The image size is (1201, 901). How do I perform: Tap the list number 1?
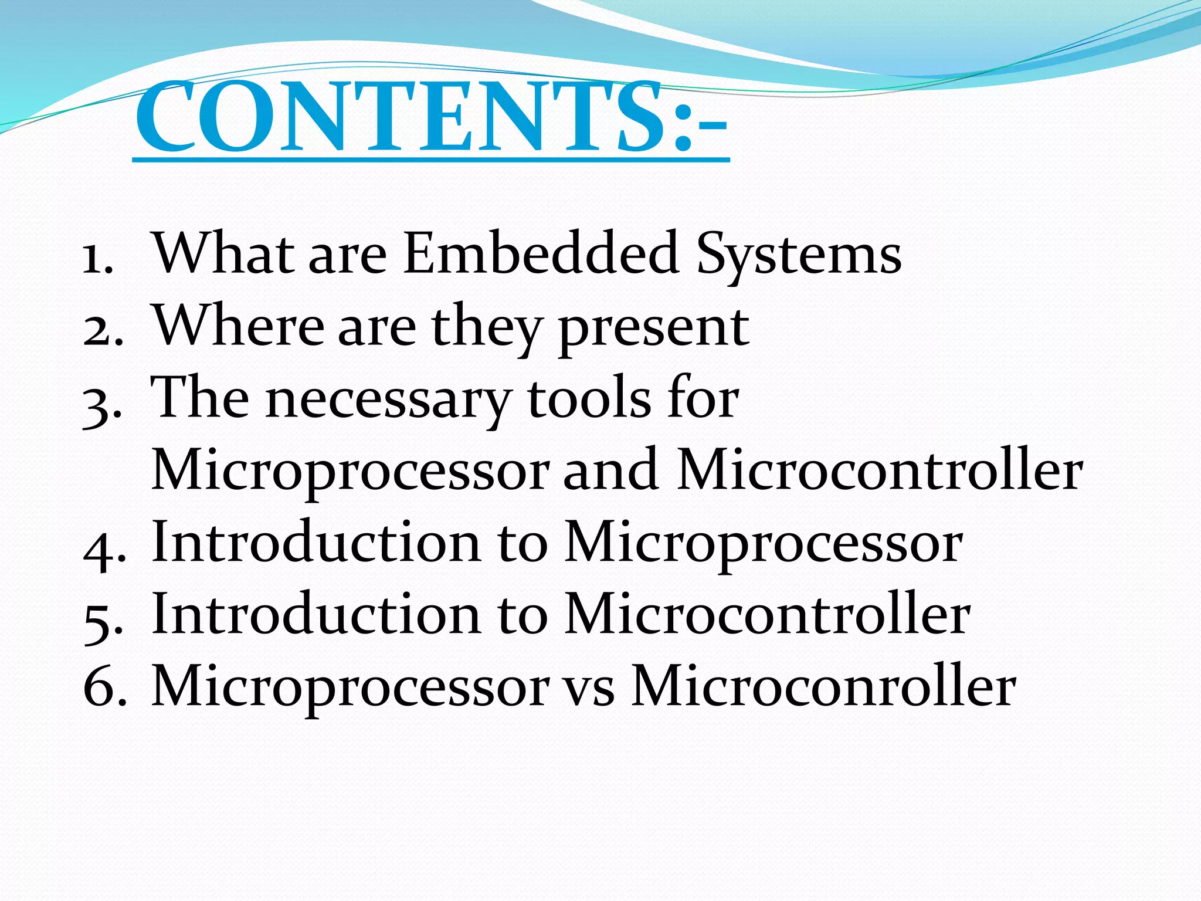[x=97, y=258]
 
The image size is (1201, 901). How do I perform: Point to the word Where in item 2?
[x=238, y=326]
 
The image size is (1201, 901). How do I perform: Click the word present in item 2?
[x=654, y=328]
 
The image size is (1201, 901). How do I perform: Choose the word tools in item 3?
[x=589, y=399]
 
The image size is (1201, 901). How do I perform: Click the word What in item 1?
[x=223, y=253]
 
